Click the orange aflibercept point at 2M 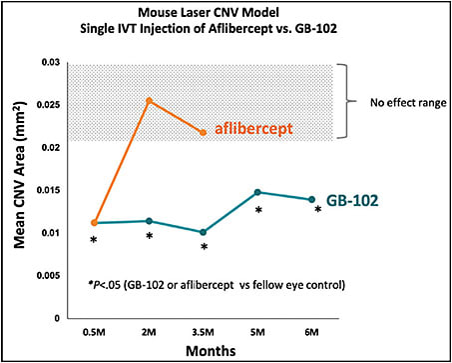click(149, 101)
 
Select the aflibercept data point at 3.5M click(204, 133)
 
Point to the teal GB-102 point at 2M click(149, 221)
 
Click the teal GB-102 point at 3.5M click(204, 232)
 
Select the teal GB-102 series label click(357, 201)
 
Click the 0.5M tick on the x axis click(94, 331)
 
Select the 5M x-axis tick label click(258, 331)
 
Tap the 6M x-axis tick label click(312, 331)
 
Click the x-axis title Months click(204, 351)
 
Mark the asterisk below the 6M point click(318, 211)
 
